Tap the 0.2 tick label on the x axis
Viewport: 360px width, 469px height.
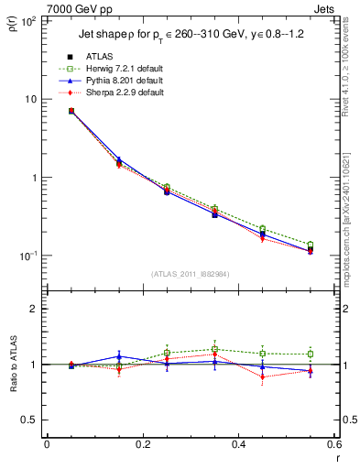pos(142,445)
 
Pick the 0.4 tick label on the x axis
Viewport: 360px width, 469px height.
pos(238,445)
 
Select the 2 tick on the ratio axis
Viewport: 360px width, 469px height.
pos(35,309)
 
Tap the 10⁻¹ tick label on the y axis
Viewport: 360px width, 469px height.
pos(27,256)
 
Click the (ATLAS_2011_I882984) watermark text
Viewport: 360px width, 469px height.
pos(190,275)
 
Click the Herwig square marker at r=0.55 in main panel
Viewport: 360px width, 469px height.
pos(311,245)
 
